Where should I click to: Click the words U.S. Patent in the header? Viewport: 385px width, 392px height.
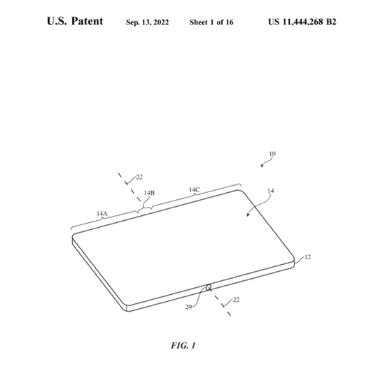pyautogui.click(x=75, y=21)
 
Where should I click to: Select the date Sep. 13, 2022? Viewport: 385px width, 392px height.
pyautogui.click(x=147, y=22)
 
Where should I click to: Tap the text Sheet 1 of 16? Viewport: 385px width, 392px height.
pyautogui.click(x=211, y=22)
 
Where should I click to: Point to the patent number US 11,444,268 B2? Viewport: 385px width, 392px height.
pyautogui.click(x=302, y=22)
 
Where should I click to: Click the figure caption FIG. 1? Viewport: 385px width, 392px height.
pyautogui.click(x=183, y=345)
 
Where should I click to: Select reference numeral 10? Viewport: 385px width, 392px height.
pyautogui.click(x=272, y=154)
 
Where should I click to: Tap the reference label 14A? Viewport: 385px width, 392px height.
pyautogui.click(x=102, y=214)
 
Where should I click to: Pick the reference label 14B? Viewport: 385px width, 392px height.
pyautogui.click(x=149, y=193)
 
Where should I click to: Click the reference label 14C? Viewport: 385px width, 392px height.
pyautogui.click(x=195, y=190)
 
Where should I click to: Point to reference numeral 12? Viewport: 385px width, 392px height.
pyautogui.click(x=307, y=257)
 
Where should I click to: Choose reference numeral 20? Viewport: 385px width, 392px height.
pyautogui.click(x=188, y=307)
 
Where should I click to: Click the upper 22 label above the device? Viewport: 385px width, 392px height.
pyautogui.click(x=139, y=177)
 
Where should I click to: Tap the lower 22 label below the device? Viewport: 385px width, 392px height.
pyautogui.click(x=236, y=300)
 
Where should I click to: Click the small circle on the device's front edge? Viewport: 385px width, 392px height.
pyautogui.click(x=209, y=288)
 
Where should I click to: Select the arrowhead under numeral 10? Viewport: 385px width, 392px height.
pyautogui.click(x=262, y=165)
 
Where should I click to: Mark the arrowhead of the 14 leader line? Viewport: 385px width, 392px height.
pyautogui.click(x=248, y=215)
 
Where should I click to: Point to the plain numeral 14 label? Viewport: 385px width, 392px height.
pyautogui.click(x=270, y=191)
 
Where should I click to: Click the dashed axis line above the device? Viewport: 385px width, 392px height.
pyautogui.click(x=130, y=187)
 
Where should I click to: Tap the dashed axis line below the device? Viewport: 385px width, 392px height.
pyautogui.click(x=221, y=303)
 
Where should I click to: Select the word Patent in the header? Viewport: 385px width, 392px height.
pyautogui.click(x=87, y=21)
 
